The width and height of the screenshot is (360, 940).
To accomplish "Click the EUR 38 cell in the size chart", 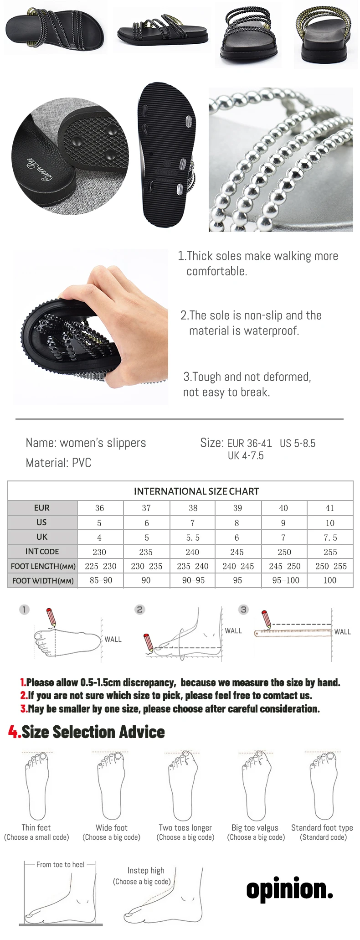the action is pos(193,508).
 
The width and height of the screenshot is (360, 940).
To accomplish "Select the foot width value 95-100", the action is pos(285,580).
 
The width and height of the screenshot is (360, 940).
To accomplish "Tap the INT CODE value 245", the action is pos(237,552).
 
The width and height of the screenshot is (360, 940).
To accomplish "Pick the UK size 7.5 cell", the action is pos(330,537).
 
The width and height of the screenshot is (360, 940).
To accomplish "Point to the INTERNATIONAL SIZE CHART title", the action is pos(196,491).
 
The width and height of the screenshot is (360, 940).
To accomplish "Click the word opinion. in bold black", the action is pos(290,889).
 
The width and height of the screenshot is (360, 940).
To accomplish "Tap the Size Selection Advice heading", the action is pos(93,732).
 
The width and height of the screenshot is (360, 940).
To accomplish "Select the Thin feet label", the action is pos(36,827).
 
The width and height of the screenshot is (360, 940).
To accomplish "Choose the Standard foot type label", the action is pos(322,827).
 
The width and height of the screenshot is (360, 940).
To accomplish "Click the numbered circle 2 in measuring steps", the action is pos(140,609).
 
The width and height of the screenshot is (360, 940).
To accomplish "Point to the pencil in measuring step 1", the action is pos(51,617).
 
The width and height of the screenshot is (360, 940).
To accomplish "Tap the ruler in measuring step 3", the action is pos(293,632).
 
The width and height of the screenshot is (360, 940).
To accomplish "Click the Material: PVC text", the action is pos(58,463).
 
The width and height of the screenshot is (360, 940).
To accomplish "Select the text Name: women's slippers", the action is pos(86,443).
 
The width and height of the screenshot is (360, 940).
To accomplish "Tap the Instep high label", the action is pos(146,870).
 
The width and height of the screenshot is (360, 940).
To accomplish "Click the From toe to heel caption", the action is pos(60,864).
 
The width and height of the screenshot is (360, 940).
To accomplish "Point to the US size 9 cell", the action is pos(283,523).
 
